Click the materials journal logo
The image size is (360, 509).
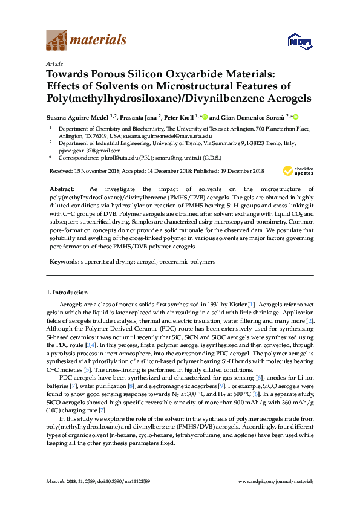[87, 41]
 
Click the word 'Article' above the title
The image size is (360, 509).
[54, 63]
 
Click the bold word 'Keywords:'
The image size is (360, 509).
[64, 262]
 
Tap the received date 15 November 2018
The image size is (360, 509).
[97, 171]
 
